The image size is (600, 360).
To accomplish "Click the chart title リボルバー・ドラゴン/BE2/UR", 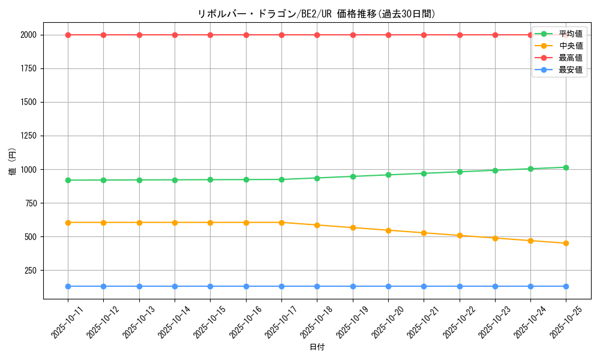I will click(316, 14).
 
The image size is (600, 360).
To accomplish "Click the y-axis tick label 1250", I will click(27, 136).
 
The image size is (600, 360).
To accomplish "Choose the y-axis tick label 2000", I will click(27, 35).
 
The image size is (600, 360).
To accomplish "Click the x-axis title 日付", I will click(317, 347).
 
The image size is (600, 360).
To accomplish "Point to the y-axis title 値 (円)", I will click(12, 162).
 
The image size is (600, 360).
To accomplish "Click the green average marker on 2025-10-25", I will click(566, 167).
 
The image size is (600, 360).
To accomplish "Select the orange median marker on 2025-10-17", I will click(281, 223).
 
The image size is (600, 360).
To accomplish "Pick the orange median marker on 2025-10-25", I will click(566, 243).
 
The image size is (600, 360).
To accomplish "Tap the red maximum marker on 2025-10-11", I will click(68, 35).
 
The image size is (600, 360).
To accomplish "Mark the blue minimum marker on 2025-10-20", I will click(388, 286).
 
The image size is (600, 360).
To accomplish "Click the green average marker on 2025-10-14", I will click(175, 180).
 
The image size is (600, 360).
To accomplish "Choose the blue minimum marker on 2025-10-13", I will click(139, 286).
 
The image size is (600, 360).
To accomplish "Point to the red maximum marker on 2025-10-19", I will click(353, 35).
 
